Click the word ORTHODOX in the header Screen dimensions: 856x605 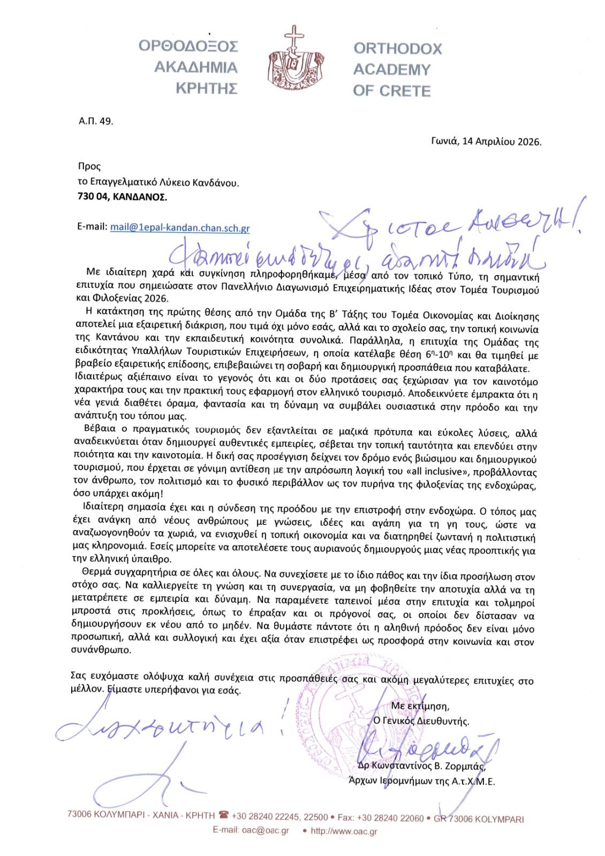[398, 49]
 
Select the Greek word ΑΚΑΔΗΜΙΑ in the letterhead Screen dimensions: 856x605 [195, 67]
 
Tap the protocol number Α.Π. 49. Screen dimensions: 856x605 [96, 121]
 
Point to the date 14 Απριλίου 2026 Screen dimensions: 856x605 [501, 142]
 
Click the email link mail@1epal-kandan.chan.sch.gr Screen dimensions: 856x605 [180, 227]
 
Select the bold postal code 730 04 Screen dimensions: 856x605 [93, 197]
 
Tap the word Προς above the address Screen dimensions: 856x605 [89, 166]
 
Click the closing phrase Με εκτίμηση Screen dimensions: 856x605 [420, 706]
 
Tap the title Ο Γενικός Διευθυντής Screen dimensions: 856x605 [421, 721]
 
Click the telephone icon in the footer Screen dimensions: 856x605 [223, 815]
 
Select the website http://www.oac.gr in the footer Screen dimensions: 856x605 [344, 831]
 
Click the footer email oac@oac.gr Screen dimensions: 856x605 [266, 831]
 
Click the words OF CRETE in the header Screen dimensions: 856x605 [391, 91]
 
